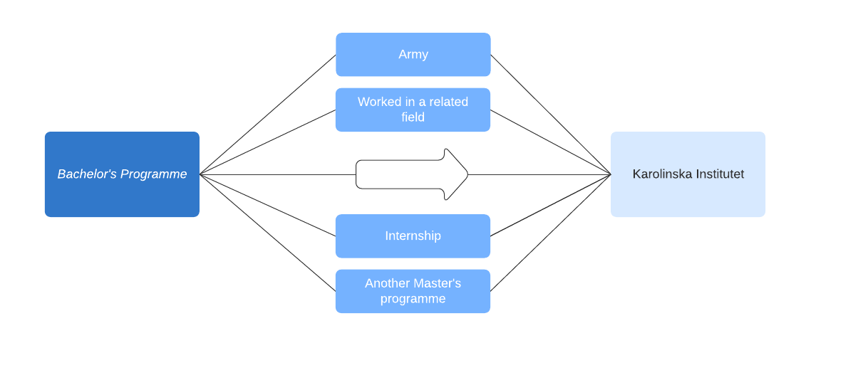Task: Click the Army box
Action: tap(413, 54)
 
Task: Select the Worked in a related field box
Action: tap(413, 110)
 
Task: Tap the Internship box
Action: tap(413, 236)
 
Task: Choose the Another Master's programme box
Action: tap(413, 291)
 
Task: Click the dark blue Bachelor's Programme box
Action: tap(122, 174)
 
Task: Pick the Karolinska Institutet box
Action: tap(688, 174)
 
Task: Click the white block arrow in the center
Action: tap(412, 174)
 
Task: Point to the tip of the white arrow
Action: tap(468, 174)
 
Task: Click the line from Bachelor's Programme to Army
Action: tap(268, 115)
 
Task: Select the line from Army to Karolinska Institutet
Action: tap(551, 115)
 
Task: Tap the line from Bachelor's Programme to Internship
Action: tap(268, 205)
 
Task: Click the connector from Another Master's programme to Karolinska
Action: tap(551, 233)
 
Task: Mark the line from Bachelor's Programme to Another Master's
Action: tap(268, 233)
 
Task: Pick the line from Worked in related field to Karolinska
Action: tap(551, 142)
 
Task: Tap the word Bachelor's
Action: tap(87, 174)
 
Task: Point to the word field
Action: tap(413, 117)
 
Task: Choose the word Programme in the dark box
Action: tap(154, 174)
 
